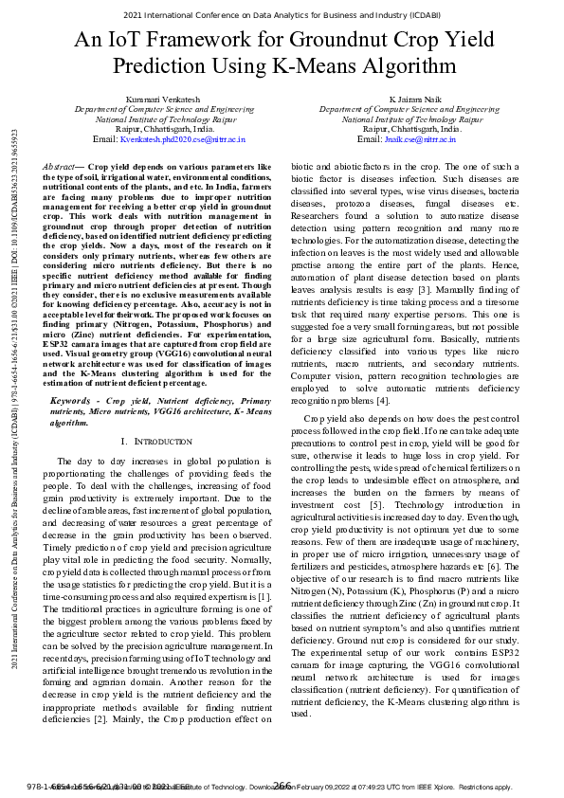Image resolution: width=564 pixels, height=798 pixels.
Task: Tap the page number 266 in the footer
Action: tap(282, 785)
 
